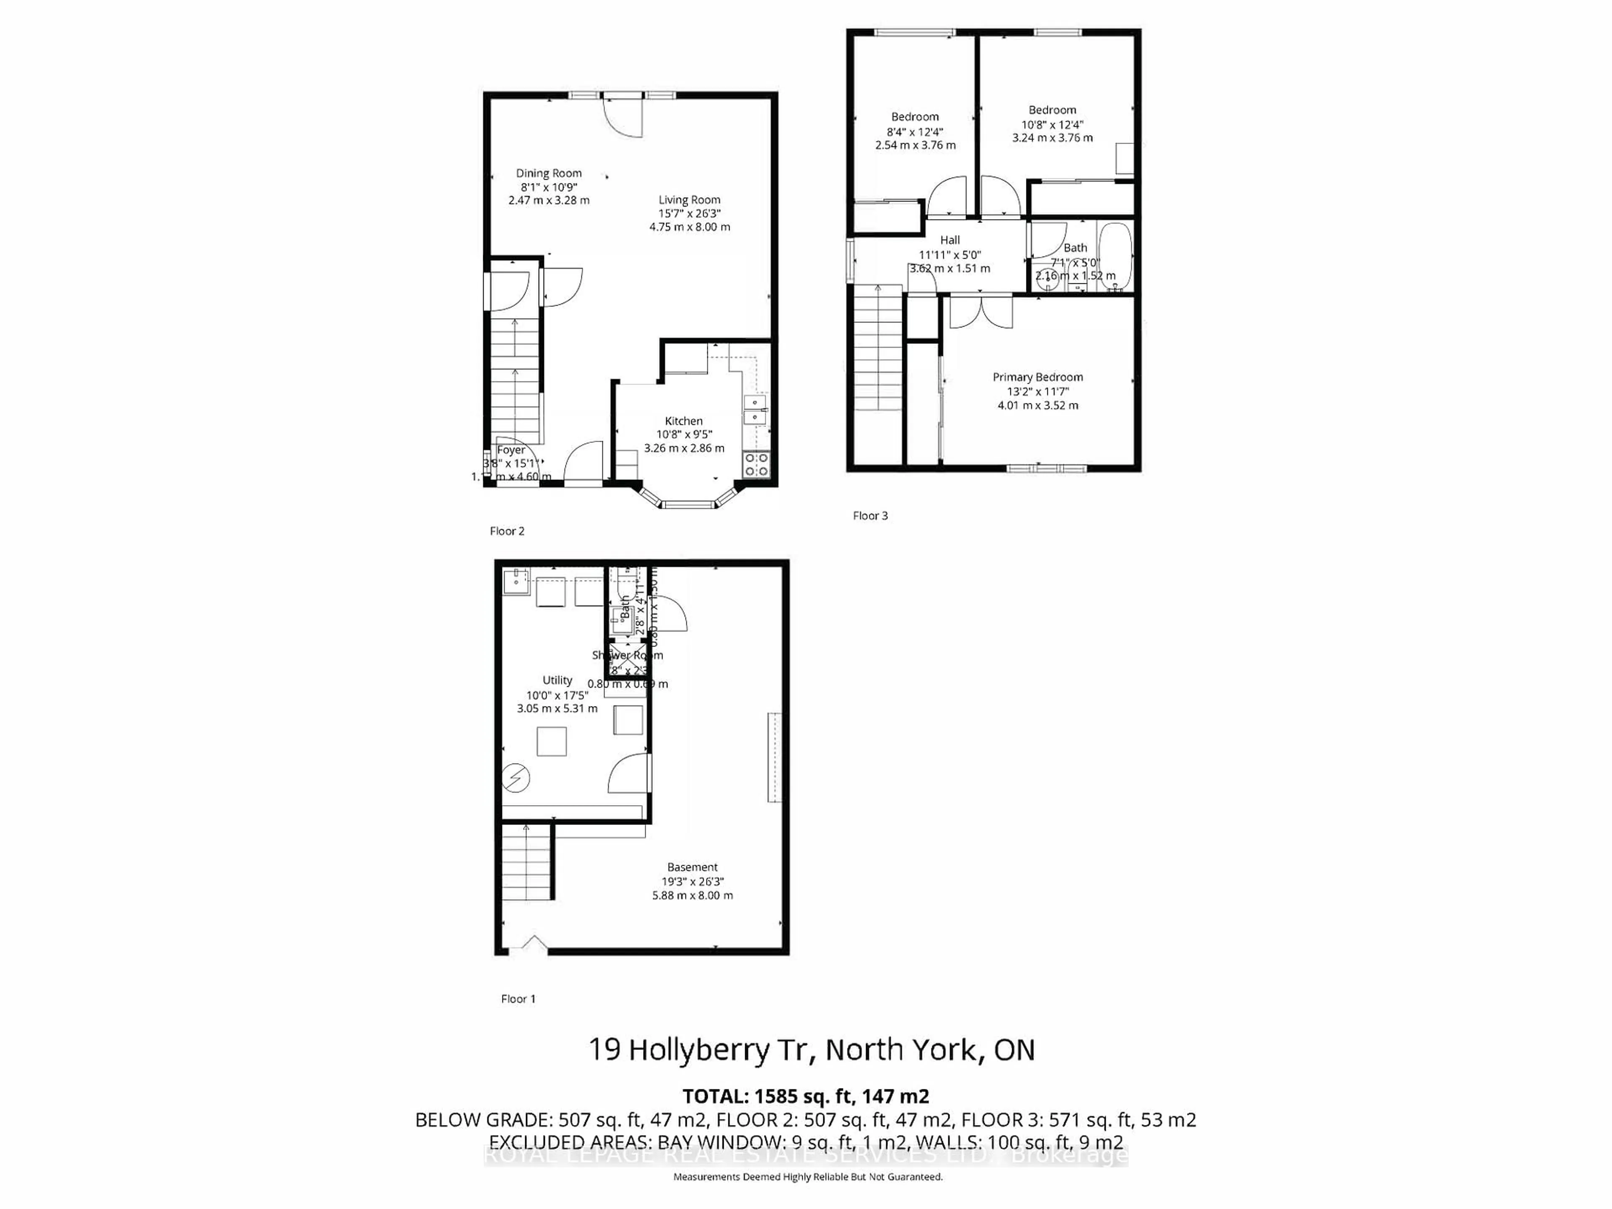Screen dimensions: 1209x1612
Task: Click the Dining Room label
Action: [549, 173]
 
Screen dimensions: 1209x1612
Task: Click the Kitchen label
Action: [683, 421]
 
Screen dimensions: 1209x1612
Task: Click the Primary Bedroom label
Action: [1038, 377]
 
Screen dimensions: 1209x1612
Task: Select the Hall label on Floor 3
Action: [950, 240]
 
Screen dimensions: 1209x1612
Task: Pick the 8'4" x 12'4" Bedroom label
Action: [915, 117]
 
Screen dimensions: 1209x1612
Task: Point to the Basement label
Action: [692, 867]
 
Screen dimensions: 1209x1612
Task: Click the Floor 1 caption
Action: [518, 999]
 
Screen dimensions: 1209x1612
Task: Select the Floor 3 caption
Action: [870, 516]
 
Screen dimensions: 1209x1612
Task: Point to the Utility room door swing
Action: [628, 775]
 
